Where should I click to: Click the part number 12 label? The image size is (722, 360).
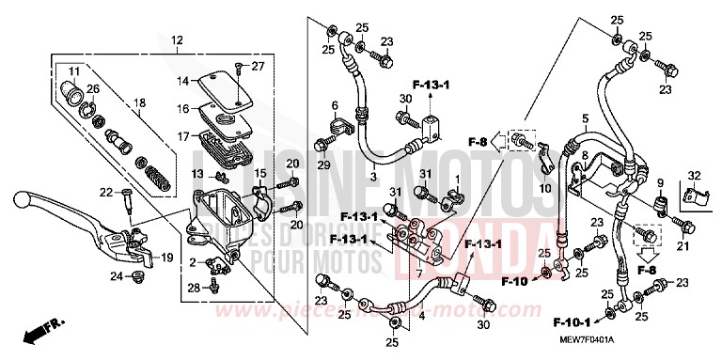[x=178, y=39]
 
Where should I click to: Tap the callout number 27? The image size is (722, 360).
[x=259, y=66]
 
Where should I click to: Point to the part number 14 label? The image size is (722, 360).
[x=184, y=80]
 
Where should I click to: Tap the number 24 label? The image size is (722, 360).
[x=116, y=275]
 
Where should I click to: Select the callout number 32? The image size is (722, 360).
[x=694, y=176]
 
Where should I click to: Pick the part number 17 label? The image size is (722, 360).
[x=184, y=135]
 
